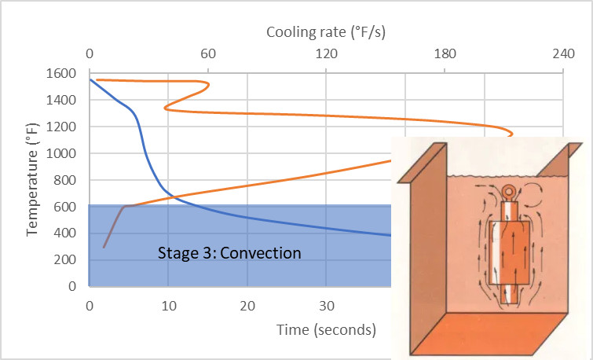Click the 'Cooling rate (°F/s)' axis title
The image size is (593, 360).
point(326,32)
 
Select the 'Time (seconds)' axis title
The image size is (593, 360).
point(326,329)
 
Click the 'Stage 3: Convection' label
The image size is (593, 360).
point(229,254)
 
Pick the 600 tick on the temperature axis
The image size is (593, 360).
point(66,207)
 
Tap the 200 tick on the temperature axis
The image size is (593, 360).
point(66,259)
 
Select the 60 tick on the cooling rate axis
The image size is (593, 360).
point(208,54)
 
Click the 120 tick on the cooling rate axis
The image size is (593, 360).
point(326,54)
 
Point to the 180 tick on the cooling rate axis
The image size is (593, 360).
point(445,54)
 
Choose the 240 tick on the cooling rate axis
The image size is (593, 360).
point(563,54)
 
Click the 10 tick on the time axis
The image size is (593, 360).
point(168,306)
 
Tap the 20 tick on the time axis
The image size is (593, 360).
point(247,306)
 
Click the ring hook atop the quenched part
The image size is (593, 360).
point(510,192)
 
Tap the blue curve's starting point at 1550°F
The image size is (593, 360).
point(90,79)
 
